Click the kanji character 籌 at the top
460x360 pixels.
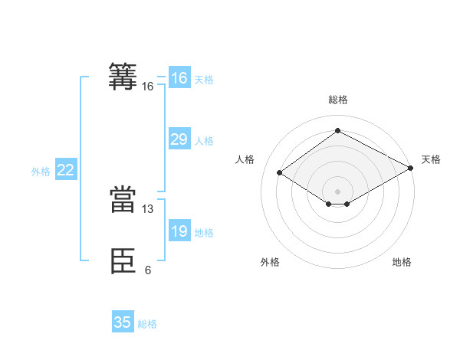click(123, 77)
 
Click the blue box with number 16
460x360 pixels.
click(179, 78)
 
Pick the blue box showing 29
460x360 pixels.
click(179, 139)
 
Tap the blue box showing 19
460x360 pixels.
click(179, 231)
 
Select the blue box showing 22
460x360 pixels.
click(65, 171)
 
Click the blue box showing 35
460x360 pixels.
click(123, 322)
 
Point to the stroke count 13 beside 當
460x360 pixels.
click(148, 208)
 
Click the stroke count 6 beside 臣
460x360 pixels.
click(148, 270)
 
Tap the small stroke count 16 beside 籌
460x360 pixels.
click(148, 87)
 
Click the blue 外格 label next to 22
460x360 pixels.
click(41, 172)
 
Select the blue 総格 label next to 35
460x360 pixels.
click(147, 324)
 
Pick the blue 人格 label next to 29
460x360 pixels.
click(204, 141)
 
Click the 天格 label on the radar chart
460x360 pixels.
click(431, 159)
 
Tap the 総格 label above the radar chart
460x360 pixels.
click(337, 100)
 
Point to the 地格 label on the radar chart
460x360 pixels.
click(402, 263)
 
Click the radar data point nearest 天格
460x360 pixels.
click(411, 169)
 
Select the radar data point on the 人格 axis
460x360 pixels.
click(280, 173)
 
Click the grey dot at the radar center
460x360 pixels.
click(337, 191)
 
